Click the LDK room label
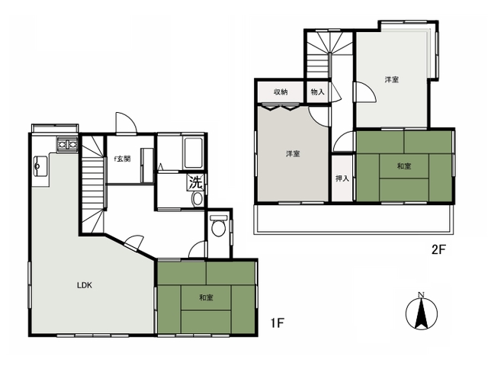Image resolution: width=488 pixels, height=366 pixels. (85, 285)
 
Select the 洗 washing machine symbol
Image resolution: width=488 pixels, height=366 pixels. (196, 183)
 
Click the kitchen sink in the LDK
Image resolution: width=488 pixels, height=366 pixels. (40, 165)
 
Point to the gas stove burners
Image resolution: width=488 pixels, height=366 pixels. (67, 144)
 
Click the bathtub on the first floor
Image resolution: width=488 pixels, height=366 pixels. (193, 153)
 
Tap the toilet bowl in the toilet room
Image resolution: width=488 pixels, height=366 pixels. (218, 227)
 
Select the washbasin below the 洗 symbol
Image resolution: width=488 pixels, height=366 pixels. (197, 198)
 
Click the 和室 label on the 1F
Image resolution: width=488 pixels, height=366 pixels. (206, 297)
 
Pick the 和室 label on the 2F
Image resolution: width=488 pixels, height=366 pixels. (404, 166)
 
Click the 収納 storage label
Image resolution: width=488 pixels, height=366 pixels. (281, 92)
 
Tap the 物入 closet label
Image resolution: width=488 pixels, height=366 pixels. (317, 92)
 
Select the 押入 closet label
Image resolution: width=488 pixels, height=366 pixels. (342, 178)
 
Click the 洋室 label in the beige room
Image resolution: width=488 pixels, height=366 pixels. (293, 154)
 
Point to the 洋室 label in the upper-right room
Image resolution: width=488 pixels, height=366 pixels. (391, 79)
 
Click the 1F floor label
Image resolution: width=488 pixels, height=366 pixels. (278, 323)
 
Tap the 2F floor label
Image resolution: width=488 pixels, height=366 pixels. (439, 249)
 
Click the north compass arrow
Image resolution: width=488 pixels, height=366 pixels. (422, 313)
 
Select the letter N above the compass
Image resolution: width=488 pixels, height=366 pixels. (422, 294)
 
